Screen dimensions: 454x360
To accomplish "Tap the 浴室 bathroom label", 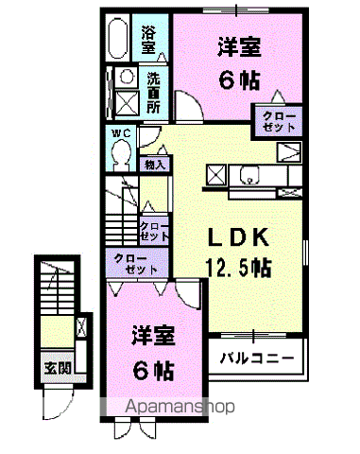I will (149, 39).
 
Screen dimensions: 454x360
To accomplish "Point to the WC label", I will (121, 134).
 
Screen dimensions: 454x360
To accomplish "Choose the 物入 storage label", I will (154, 165).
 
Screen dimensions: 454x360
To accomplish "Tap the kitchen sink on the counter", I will (249, 175).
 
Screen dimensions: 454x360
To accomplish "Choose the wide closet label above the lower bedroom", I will (137, 264).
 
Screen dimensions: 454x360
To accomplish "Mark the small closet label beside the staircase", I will (153, 230).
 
